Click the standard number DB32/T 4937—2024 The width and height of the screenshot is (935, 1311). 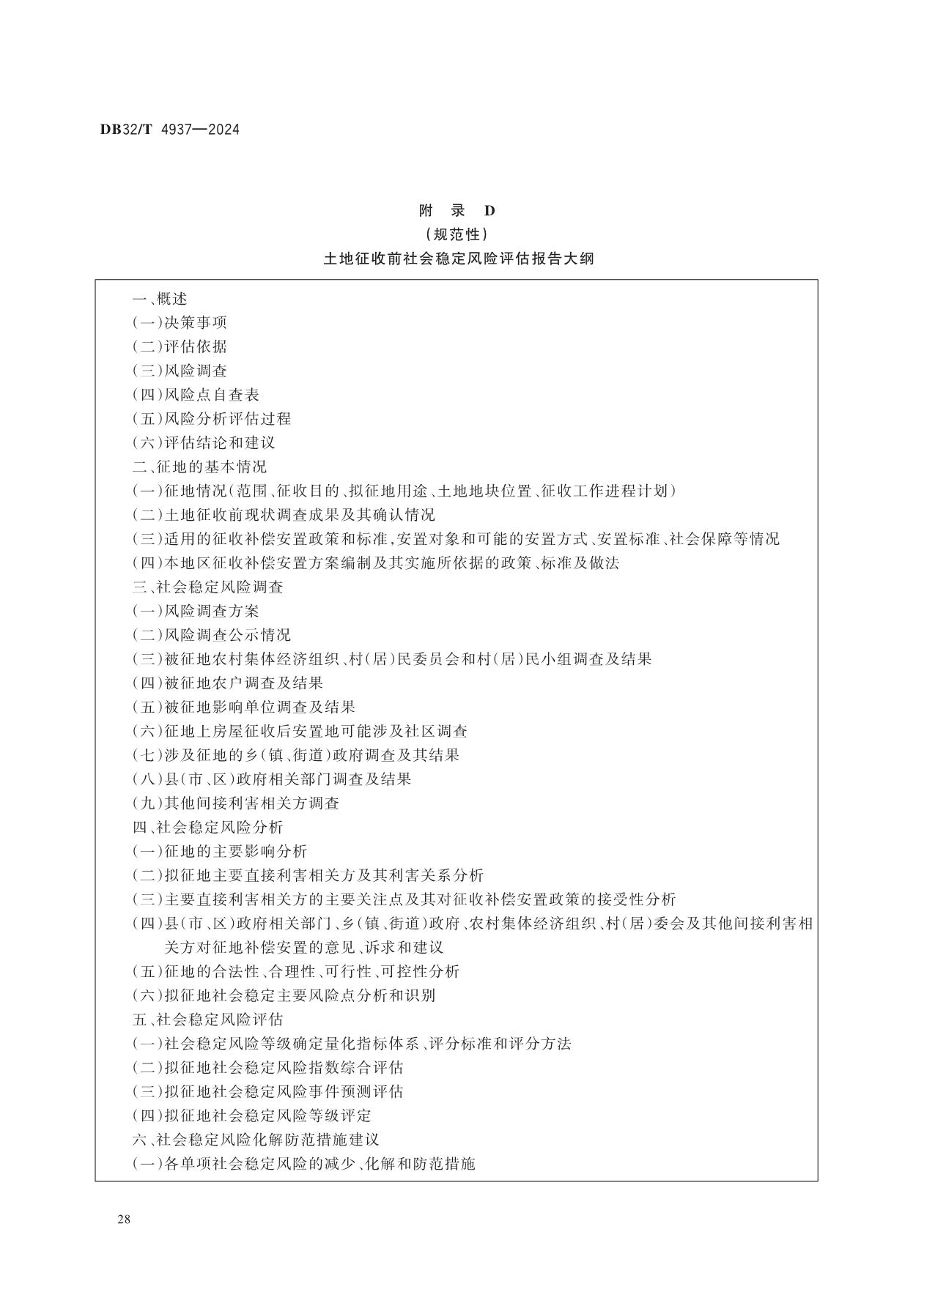[x=170, y=130]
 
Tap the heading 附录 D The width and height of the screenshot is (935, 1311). [x=457, y=211]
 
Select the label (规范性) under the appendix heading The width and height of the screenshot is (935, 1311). [x=457, y=235]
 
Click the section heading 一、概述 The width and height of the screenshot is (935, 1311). [x=160, y=299]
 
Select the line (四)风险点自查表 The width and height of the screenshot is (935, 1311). [x=196, y=395]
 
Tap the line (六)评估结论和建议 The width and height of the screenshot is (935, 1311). [x=204, y=442]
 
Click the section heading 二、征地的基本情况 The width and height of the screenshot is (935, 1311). [x=199, y=467]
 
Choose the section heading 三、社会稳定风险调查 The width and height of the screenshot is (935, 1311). [x=207, y=587]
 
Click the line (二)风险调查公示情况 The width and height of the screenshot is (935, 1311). [x=212, y=634]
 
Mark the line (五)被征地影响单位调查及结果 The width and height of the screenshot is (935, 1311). [x=244, y=707]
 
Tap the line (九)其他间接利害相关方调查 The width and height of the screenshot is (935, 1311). [x=236, y=803]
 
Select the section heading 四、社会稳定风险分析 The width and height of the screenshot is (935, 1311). [x=207, y=827]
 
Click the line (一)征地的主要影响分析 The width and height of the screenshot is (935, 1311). [x=220, y=851]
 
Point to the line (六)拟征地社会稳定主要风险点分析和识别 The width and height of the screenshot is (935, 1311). [x=284, y=995]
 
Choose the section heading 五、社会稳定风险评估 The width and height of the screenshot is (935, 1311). [x=207, y=1020]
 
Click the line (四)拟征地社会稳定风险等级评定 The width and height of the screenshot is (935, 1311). [x=252, y=1115]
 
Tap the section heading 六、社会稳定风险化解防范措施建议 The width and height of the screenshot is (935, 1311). [x=256, y=1140]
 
